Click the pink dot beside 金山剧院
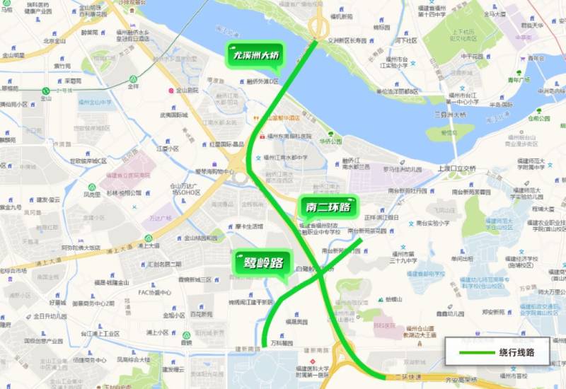coord(170,91)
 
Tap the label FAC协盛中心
coord(154,292)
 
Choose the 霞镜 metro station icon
coord(186,335)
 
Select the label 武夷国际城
coord(173,115)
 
